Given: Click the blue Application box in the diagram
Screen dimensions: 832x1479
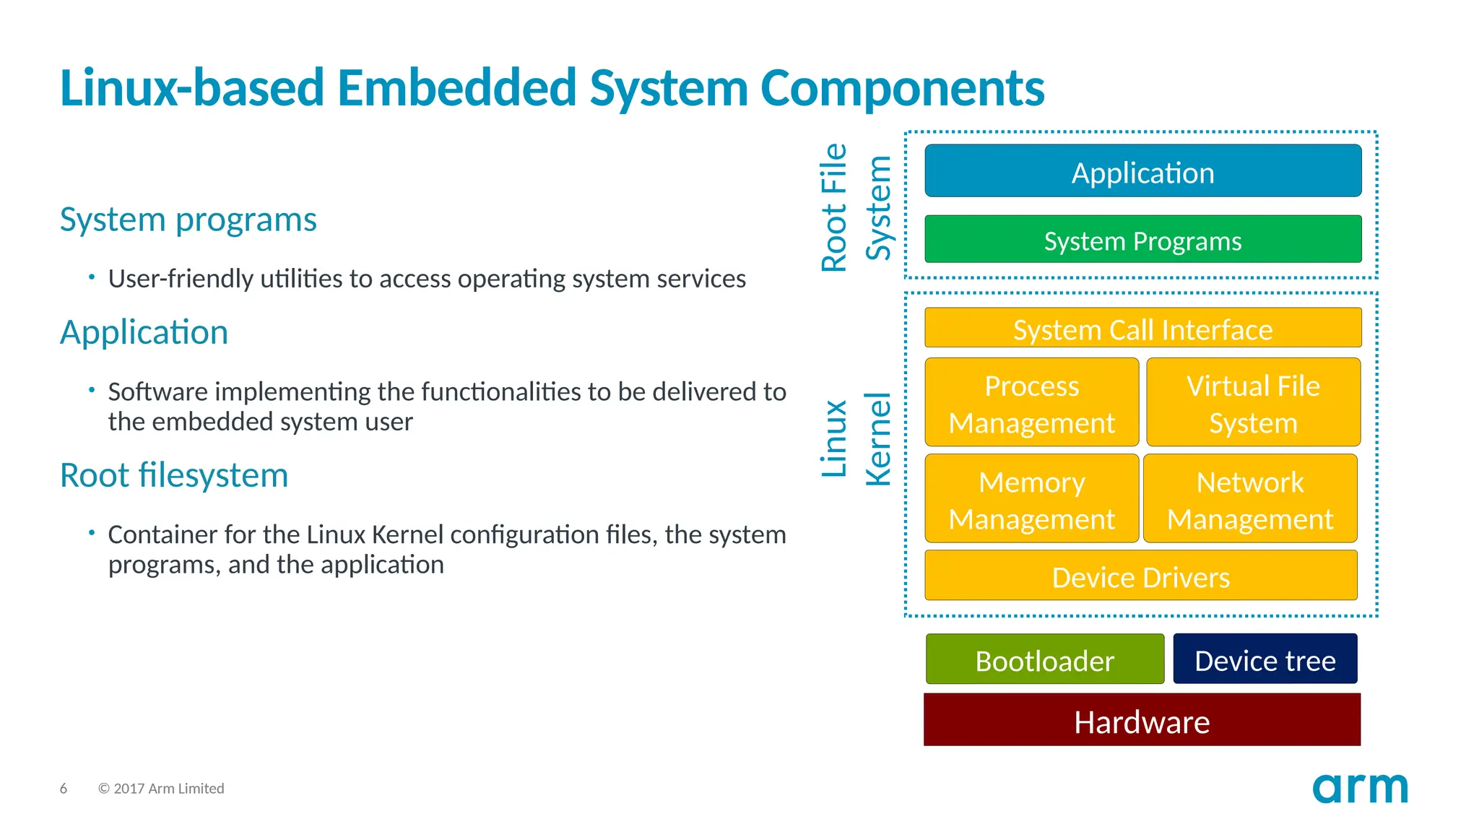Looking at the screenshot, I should click(1142, 171).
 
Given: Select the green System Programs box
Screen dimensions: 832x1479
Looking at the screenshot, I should click(1142, 239).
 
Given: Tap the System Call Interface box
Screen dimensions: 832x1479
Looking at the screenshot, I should click(1142, 328).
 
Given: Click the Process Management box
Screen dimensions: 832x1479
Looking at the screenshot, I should click(1031, 402).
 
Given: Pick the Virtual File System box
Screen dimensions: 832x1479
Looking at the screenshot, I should click(1253, 402).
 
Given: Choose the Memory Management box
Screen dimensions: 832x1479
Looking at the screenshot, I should click(1031, 498).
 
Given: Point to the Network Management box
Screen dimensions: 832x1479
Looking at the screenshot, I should click(1250, 498).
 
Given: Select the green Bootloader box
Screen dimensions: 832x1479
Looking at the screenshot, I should click(1044, 659).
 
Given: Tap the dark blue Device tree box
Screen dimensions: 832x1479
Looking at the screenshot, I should click(1265, 659).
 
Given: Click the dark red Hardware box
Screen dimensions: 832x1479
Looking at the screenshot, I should click(1142, 720).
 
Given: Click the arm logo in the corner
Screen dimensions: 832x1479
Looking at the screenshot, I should click(1360, 788).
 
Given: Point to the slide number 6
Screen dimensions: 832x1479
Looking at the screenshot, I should click(64, 789).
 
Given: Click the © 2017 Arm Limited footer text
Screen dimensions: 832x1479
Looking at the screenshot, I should click(161, 789).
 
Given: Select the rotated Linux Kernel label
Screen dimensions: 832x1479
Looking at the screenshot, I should click(856, 438).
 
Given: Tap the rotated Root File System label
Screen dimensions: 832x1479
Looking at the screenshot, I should click(856, 208).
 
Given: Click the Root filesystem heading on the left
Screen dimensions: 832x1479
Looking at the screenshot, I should click(173, 475).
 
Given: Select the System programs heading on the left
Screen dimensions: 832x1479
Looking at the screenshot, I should click(188, 220).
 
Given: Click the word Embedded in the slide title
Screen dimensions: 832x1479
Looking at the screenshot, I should click(456, 88).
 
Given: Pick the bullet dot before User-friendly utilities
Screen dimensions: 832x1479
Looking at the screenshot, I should click(92, 277).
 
